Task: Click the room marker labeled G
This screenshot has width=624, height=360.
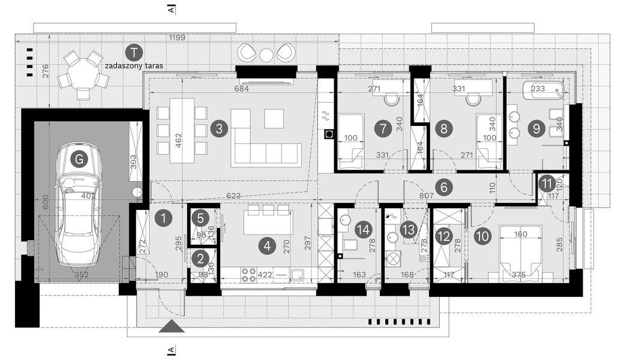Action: click(x=77, y=160)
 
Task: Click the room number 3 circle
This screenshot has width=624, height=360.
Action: click(x=219, y=128)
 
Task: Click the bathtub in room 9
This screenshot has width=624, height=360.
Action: click(x=544, y=92)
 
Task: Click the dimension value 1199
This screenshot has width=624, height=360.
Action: click(x=176, y=38)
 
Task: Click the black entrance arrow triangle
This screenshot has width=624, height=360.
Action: click(x=172, y=326)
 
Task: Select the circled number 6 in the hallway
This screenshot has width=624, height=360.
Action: click(x=444, y=187)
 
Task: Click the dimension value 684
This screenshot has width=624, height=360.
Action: click(x=241, y=89)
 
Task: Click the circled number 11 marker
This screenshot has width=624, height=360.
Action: click(x=546, y=184)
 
